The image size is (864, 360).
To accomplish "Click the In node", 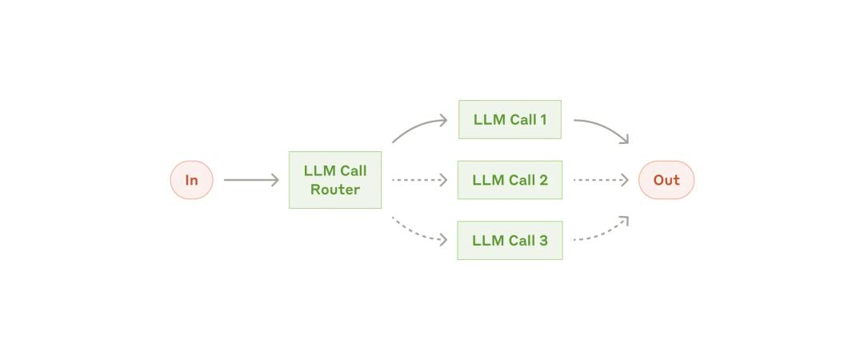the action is pos(191,180).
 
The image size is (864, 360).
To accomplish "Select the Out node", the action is pos(666,180).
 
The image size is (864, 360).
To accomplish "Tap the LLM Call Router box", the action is pos(335,180).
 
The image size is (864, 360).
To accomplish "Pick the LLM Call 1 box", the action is pos(510,120).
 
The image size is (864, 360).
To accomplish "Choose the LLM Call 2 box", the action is pos(510,180).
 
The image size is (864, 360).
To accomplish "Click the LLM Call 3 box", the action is pos(510,240).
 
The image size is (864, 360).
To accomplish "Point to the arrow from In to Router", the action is pos(251,180).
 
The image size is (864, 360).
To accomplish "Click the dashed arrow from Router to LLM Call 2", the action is pos(419,180).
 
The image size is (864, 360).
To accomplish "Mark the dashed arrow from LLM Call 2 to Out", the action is pos(601,180).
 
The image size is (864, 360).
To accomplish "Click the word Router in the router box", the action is pos(335,190).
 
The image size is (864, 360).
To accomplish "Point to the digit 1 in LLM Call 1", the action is pos(543,120).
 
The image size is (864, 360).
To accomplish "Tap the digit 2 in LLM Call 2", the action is pos(543,180).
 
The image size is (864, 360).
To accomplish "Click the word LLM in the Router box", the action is pos(318,171).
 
